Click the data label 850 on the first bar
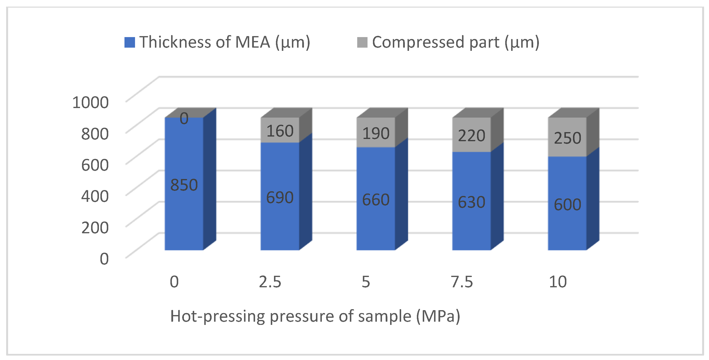click(x=184, y=185)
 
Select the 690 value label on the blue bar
click(x=280, y=197)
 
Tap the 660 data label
click(x=376, y=200)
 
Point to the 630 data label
click(x=471, y=202)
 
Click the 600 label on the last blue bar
click(x=567, y=205)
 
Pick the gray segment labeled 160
click(x=280, y=130)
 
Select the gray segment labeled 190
click(x=376, y=133)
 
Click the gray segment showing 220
click(x=471, y=135)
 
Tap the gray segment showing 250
click(x=567, y=138)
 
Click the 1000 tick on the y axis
click(x=90, y=102)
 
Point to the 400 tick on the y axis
click(x=95, y=196)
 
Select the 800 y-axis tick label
click(x=95, y=134)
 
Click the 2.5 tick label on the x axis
click(x=270, y=282)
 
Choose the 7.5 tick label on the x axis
click(x=462, y=282)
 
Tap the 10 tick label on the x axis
click(x=558, y=282)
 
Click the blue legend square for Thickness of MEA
click(x=129, y=42)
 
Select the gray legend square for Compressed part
click(x=362, y=42)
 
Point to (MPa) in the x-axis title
click(x=438, y=316)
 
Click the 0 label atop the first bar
click(x=184, y=118)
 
